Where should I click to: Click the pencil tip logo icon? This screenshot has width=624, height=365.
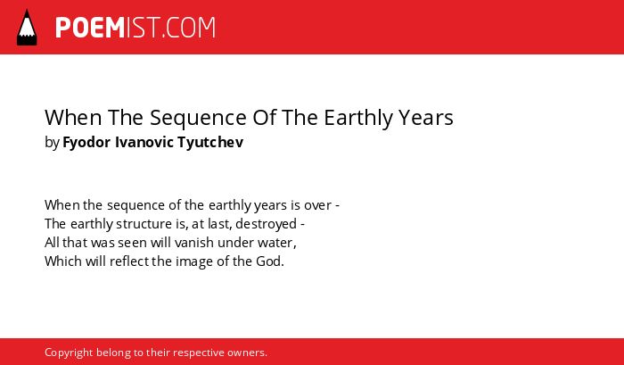27,28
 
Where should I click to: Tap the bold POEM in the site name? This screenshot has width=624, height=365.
90,28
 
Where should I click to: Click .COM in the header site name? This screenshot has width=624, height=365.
189,28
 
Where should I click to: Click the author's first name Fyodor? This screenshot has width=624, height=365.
86,142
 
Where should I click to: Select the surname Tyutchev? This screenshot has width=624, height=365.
210,142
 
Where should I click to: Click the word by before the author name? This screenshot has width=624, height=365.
52,143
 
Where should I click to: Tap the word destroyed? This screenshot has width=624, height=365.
266,224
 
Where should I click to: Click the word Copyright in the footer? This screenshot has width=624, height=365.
69,353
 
